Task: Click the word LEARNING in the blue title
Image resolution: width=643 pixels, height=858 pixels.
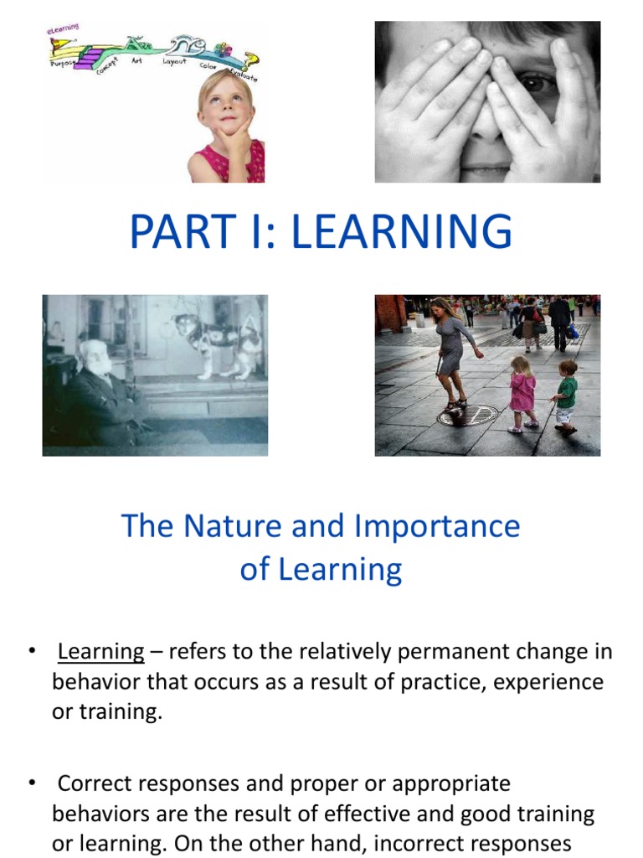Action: [x=401, y=232]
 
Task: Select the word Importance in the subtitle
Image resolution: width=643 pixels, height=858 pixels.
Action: [x=436, y=526]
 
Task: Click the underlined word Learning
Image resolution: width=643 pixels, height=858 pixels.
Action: [x=101, y=651]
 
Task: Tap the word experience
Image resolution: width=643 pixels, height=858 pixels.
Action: [x=548, y=681]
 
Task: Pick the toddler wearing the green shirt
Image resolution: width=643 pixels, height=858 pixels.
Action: [x=566, y=395]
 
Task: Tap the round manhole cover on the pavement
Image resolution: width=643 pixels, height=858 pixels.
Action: [x=467, y=415]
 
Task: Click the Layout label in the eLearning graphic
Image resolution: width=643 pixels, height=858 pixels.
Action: [x=175, y=62]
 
